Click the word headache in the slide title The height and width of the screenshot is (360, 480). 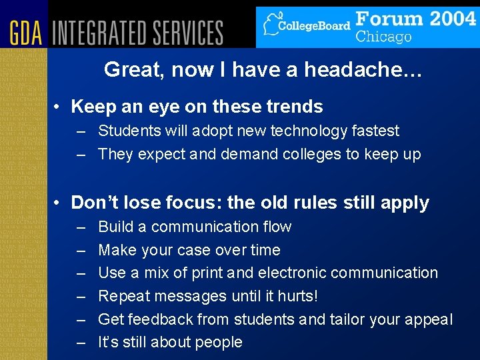366,70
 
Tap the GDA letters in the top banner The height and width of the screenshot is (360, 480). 26,32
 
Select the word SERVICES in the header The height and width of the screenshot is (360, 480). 190,32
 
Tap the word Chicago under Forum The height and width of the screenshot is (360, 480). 383,37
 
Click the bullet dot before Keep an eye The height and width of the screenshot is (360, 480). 59,107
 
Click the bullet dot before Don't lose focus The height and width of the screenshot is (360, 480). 59,203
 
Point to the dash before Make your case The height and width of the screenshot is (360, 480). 81,251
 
